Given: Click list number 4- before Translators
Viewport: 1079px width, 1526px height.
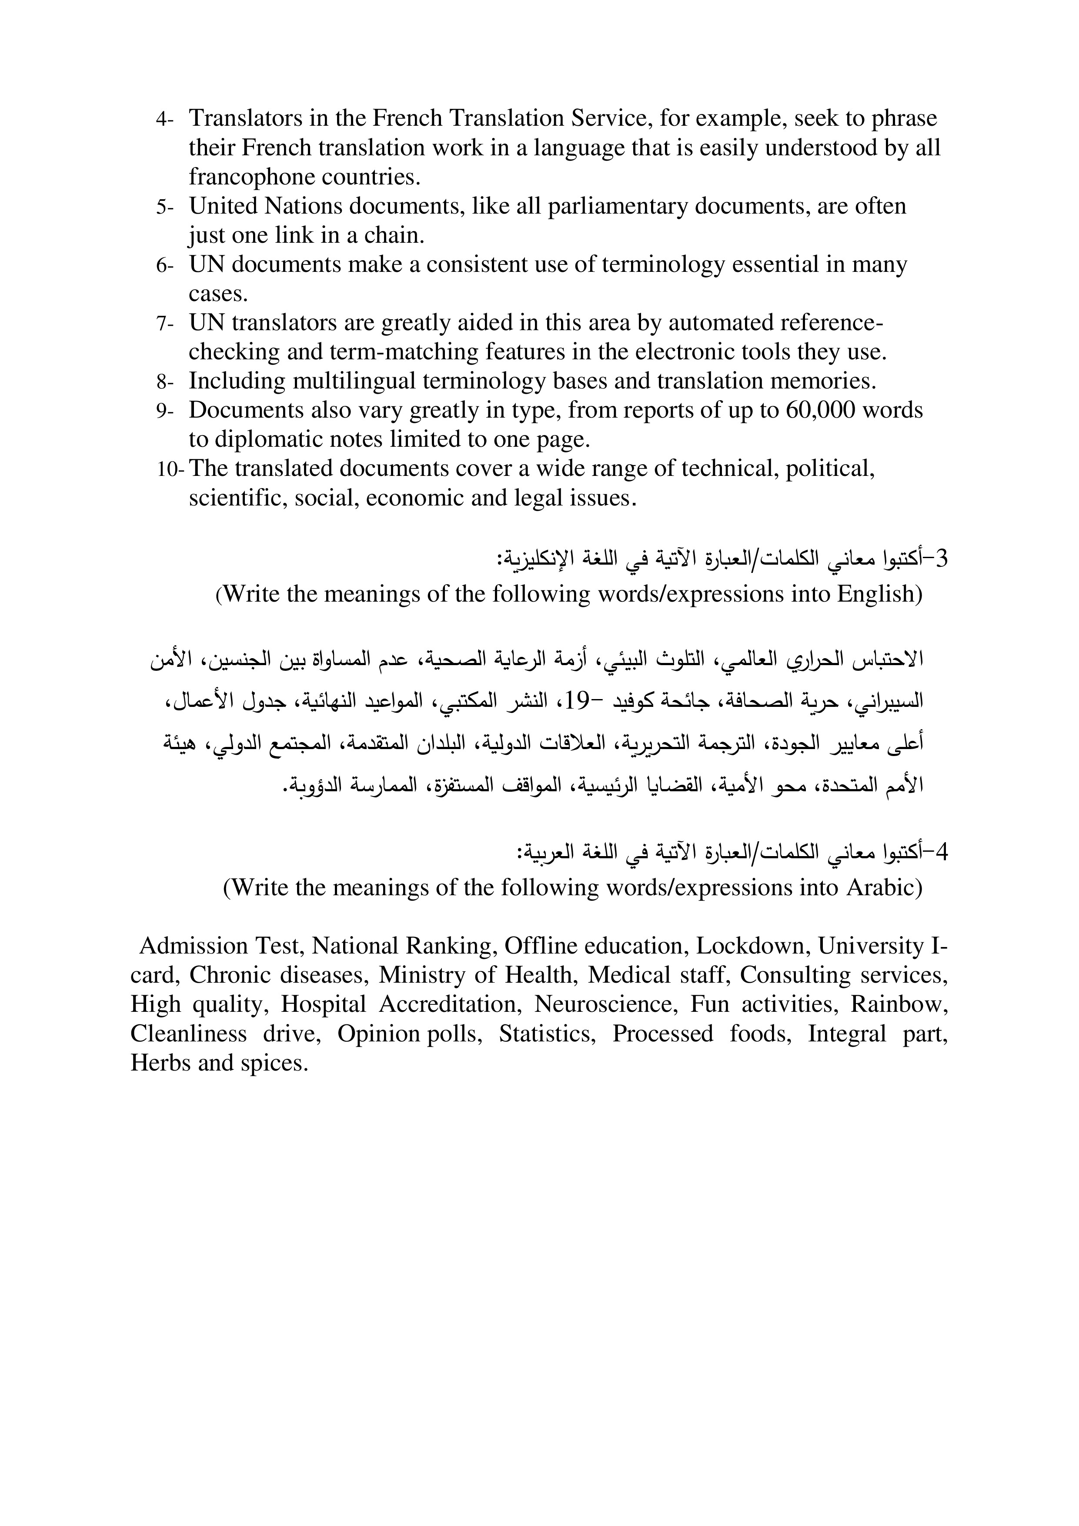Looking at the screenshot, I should click(164, 120).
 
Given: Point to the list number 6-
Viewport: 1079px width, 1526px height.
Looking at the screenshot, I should click(164, 266).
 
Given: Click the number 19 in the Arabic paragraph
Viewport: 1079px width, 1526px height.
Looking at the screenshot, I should click(577, 700).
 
